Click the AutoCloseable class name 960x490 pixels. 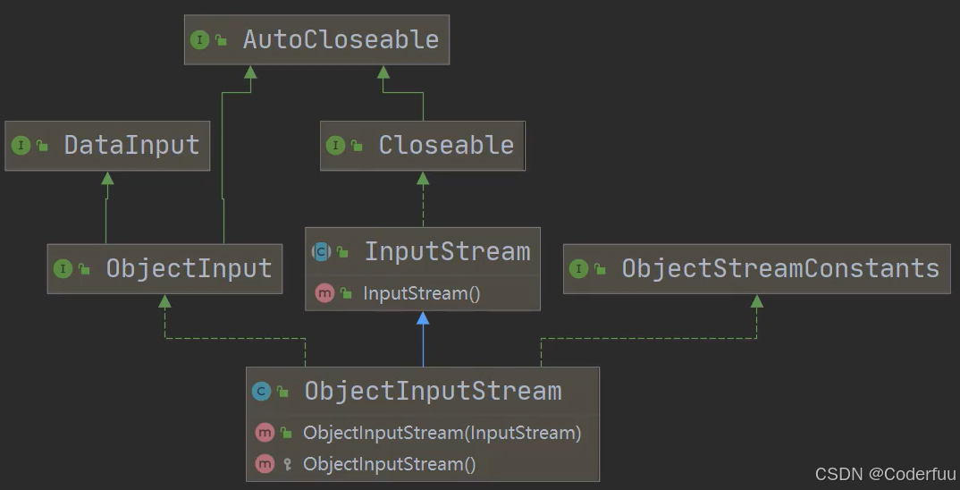click(341, 40)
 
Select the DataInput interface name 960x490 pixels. click(131, 146)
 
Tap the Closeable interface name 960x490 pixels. click(446, 146)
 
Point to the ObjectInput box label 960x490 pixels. click(189, 268)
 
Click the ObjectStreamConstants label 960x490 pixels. click(780, 268)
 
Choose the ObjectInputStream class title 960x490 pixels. click(433, 391)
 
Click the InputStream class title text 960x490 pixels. click(446, 252)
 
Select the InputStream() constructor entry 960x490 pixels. click(422, 293)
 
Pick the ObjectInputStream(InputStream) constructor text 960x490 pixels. click(442, 433)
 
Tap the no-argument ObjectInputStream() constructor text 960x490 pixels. click(389, 464)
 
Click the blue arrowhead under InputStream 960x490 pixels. click(423, 318)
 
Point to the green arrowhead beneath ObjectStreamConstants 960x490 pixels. click(757, 301)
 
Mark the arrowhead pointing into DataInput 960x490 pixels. click(107, 178)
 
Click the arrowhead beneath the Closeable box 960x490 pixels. click(423, 178)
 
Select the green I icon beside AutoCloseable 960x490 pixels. click(199, 40)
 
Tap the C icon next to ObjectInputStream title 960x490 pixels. click(261, 391)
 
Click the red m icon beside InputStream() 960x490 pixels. click(324, 293)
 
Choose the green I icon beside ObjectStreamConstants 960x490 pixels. click(578, 268)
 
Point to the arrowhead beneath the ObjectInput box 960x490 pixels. click(164, 302)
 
